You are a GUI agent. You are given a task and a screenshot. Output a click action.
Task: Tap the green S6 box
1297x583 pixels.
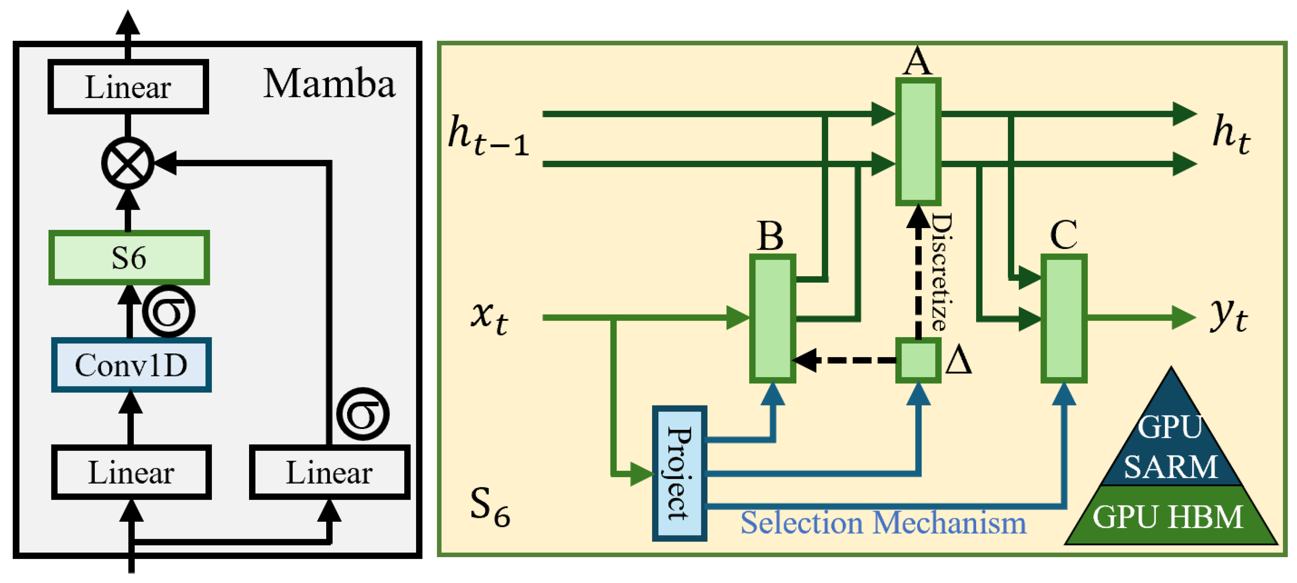point(129,257)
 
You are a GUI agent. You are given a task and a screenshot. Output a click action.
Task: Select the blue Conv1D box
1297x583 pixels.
point(131,365)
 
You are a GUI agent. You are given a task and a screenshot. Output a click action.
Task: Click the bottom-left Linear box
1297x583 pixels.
point(131,472)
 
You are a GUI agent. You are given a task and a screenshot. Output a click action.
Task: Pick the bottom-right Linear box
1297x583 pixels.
point(329,472)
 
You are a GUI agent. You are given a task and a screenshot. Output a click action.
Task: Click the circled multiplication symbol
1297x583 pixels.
point(127,163)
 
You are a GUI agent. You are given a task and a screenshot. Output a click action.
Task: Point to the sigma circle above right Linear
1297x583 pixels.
point(363,414)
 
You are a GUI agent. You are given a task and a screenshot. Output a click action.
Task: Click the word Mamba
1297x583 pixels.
point(329,83)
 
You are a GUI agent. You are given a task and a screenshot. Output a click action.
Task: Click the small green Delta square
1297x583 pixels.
point(918,360)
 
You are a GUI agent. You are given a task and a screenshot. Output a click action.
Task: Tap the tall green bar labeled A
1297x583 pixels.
point(918,141)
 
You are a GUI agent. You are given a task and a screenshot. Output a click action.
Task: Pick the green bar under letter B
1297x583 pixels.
point(772,318)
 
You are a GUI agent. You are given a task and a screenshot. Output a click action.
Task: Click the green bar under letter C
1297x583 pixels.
point(1063,318)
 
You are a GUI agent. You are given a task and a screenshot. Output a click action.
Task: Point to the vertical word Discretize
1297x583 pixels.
point(940,272)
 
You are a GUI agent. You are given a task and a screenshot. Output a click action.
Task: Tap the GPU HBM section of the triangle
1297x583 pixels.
point(1168,516)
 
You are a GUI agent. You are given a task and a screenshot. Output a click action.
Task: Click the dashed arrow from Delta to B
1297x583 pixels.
point(846,360)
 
